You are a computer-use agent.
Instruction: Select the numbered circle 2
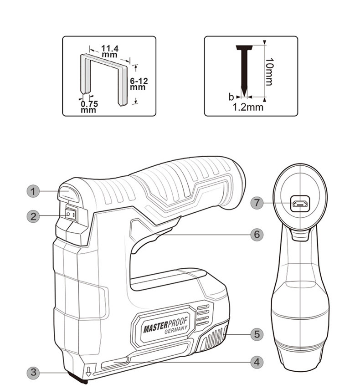point(33,216)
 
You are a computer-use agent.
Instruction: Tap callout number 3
point(33,372)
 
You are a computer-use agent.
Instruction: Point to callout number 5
point(257,334)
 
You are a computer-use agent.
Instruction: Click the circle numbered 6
point(257,235)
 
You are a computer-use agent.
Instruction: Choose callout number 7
point(259,203)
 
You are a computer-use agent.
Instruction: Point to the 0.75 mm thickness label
point(89,107)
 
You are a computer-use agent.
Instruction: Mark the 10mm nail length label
point(268,72)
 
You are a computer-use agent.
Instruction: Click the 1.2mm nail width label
point(248,107)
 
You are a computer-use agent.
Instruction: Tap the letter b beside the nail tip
point(231,97)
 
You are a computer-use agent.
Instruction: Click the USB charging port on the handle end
point(299,203)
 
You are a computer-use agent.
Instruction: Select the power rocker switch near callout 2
point(71,213)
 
